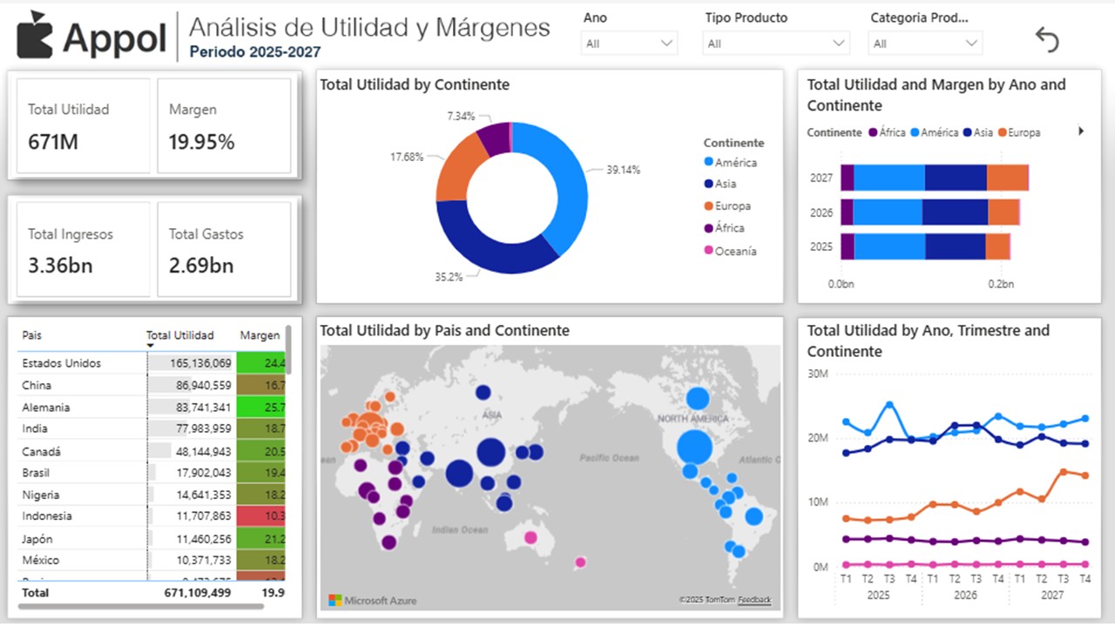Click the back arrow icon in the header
[x=1046, y=39]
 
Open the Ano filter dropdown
[x=629, y=44]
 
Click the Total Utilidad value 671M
[x=53, y=142]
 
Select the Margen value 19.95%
[x=201, y=142]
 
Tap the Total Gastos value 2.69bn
[x=201, y=266]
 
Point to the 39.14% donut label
[x=623, y=170]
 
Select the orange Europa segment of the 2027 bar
[x=1007, y=178]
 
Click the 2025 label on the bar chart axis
[x=821, y=246]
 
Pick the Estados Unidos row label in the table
[x=61, y=363]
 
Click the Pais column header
[x=32, y=335]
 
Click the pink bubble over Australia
[x=530, y=537]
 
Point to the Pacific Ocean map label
[x=609, y=457]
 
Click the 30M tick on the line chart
[x=817, y=374]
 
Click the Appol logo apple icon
[x=35, y=36]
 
